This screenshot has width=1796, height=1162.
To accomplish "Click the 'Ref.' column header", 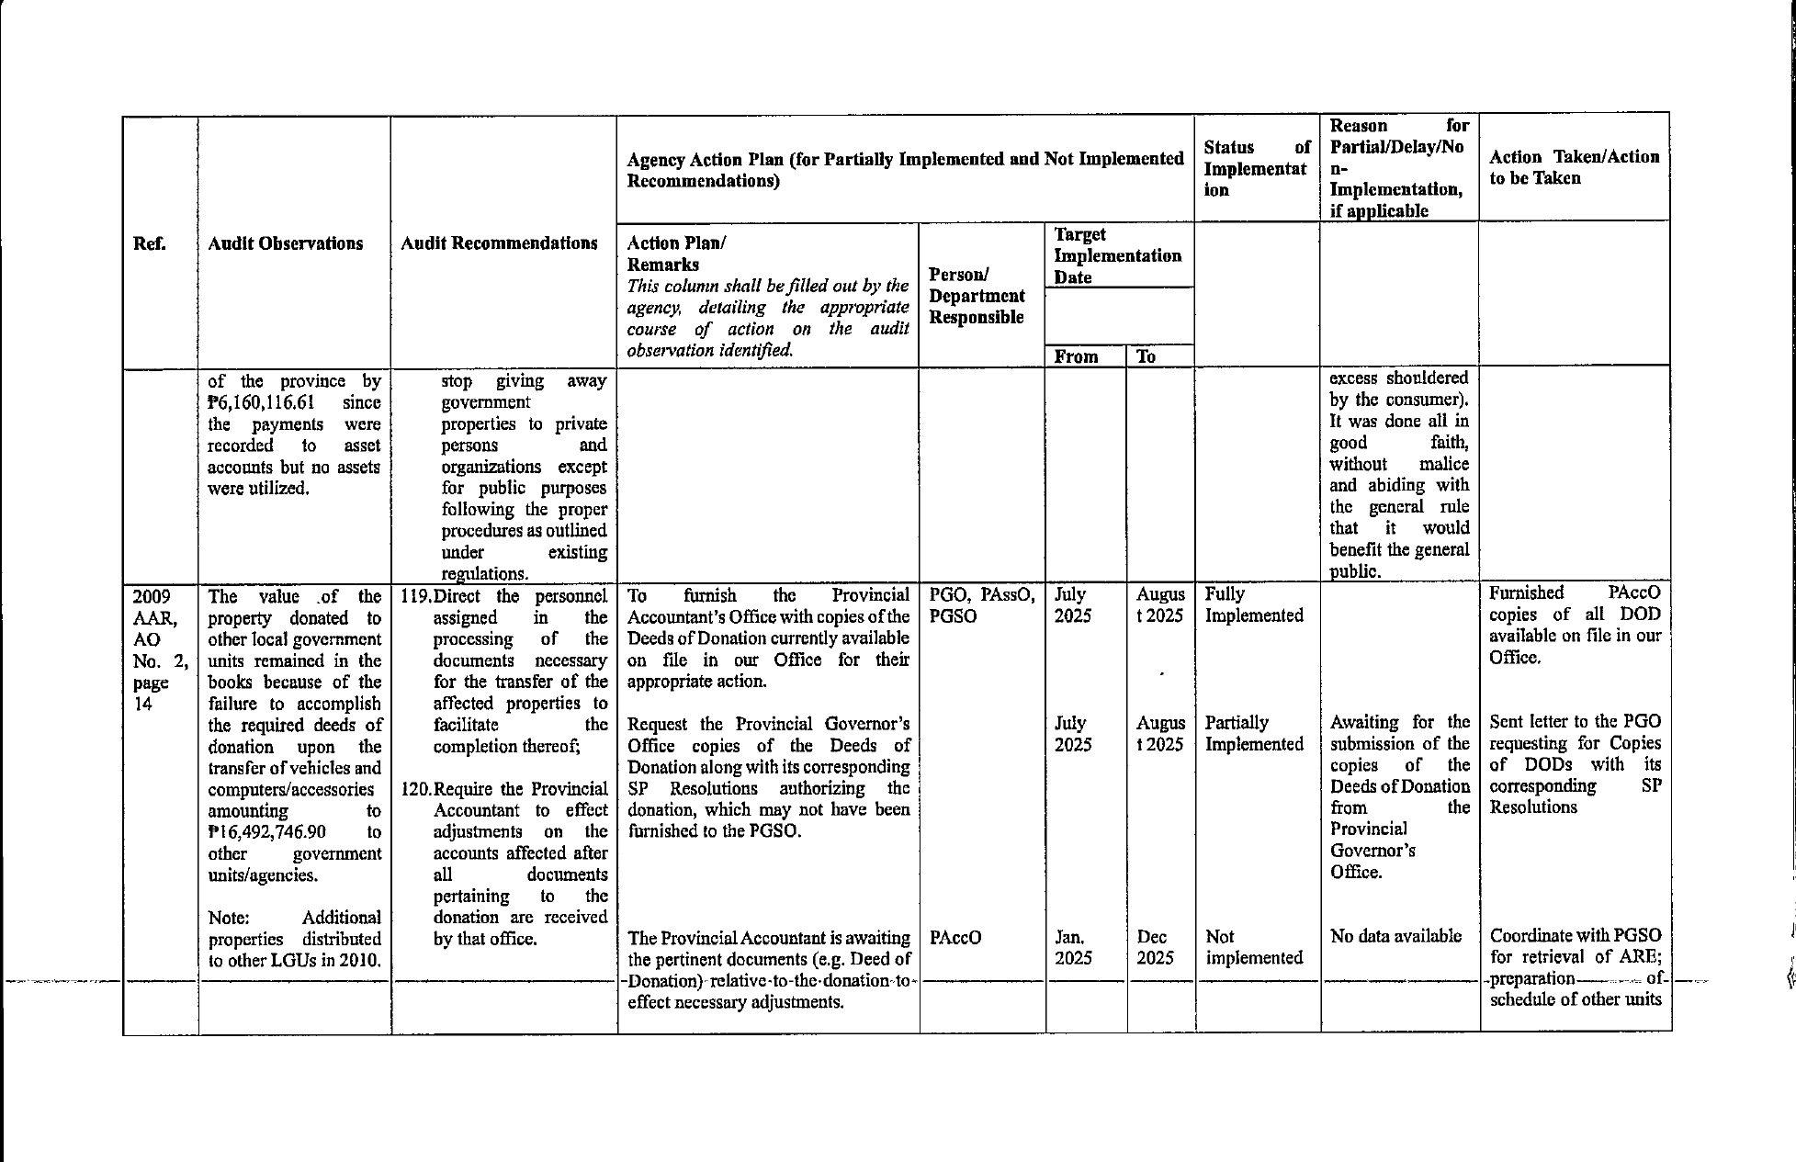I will pos(148,243).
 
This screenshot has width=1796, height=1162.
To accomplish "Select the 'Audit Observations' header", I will pos(285,243).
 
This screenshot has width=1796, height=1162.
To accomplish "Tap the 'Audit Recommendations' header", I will pos(499,243).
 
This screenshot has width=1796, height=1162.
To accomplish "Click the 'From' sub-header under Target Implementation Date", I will pos(1076,356).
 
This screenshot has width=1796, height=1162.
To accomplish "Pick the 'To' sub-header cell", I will pos(1146,356).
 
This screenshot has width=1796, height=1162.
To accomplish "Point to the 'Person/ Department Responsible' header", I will pos(977,296).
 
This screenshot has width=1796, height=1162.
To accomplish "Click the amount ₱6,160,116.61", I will pos(261,402).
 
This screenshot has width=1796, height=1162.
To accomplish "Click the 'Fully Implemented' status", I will pos(1253,604).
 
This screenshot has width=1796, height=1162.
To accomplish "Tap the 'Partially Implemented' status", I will pos(1253,733).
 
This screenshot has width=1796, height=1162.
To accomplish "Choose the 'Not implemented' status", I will pos(1253,947).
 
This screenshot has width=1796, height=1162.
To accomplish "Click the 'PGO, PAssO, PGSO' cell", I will pos(981,604).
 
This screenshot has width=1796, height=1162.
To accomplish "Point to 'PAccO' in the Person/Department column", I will pos(955,937).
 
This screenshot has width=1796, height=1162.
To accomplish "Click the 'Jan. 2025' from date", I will pos(1072,947).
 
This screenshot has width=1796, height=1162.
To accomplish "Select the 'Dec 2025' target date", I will pos(1155,947).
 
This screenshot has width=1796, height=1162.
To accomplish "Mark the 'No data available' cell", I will pos(1395,936).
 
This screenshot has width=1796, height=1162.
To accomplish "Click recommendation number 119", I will pos(416,596).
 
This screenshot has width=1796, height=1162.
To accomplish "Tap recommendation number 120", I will pos(416,789).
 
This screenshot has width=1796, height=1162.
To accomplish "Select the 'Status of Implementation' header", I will pos(1256,168).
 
